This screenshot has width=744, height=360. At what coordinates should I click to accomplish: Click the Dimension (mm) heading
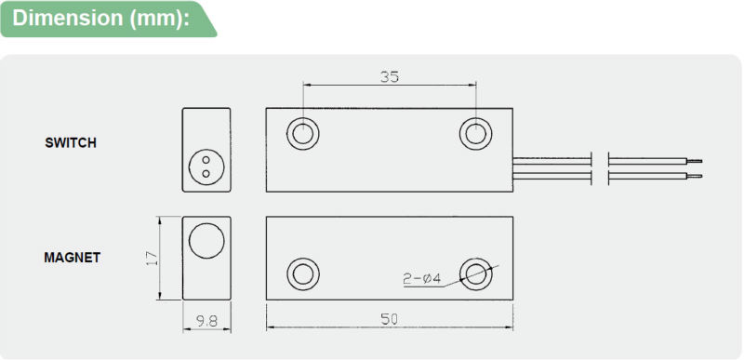pos(100,18)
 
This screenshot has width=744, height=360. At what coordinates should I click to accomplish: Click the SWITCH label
pos(71,142)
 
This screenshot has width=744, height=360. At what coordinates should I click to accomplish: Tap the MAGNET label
pos(73,258)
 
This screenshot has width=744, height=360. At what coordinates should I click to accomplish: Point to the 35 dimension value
pos(390,77)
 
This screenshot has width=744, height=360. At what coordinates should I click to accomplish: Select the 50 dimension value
pos(390,319)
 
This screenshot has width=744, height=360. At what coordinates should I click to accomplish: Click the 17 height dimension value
pos(152,258)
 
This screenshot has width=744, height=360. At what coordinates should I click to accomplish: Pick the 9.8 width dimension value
pos(206,322)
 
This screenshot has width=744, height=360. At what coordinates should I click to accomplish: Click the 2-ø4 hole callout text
pos(422,279)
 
